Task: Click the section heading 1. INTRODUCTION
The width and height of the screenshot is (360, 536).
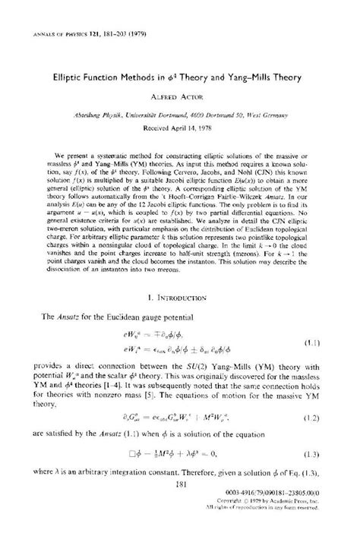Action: pyautogui.click(x=180, y=310)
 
